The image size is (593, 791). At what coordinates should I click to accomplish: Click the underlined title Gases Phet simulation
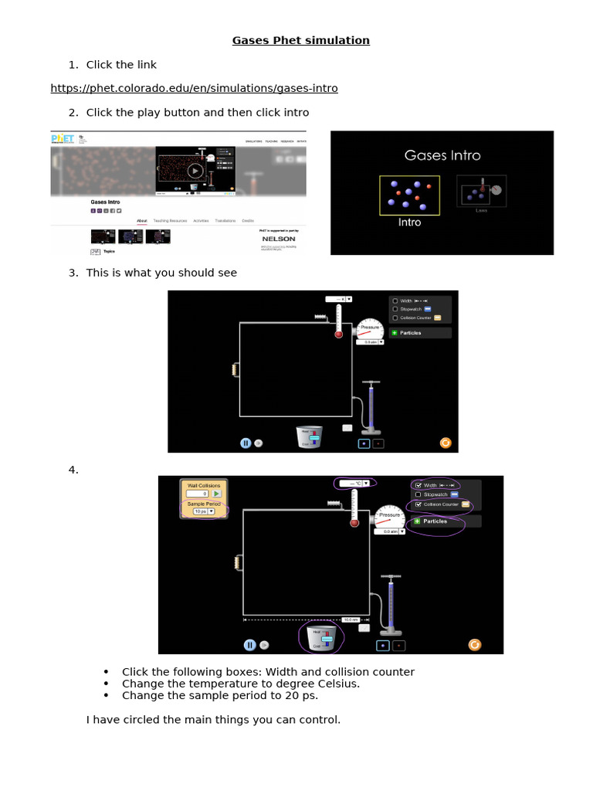[300, 40]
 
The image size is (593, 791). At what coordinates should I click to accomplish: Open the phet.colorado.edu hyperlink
[194, 88]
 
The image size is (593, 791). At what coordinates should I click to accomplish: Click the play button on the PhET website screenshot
[195, 171]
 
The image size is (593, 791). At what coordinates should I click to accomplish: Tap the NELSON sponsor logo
[279, 239]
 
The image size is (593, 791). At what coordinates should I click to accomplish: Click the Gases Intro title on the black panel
[442, 155]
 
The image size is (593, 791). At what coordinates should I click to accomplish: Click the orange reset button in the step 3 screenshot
[445, 443]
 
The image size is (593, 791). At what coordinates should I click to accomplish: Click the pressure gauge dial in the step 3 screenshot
[369, 328]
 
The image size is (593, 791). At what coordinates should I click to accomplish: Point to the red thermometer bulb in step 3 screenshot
[338, 334]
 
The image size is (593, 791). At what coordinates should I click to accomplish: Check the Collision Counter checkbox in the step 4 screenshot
[418, 504]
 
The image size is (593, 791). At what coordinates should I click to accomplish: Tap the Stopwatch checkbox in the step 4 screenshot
[418, 494]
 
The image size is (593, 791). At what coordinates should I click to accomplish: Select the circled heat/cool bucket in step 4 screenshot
[320, 639]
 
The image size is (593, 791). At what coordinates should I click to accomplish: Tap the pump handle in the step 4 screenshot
[394, 577]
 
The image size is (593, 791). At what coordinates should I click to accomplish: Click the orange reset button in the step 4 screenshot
[475, 644]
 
